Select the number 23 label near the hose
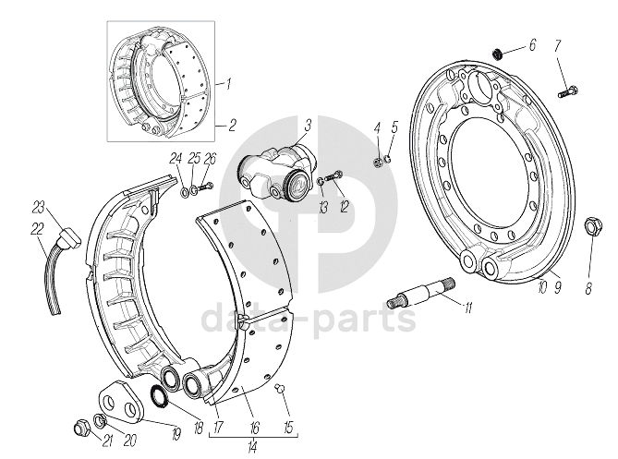[38, 205]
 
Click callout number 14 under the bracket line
[252, 446]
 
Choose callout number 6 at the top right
[531, 43]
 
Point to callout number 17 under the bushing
[219, 428]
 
